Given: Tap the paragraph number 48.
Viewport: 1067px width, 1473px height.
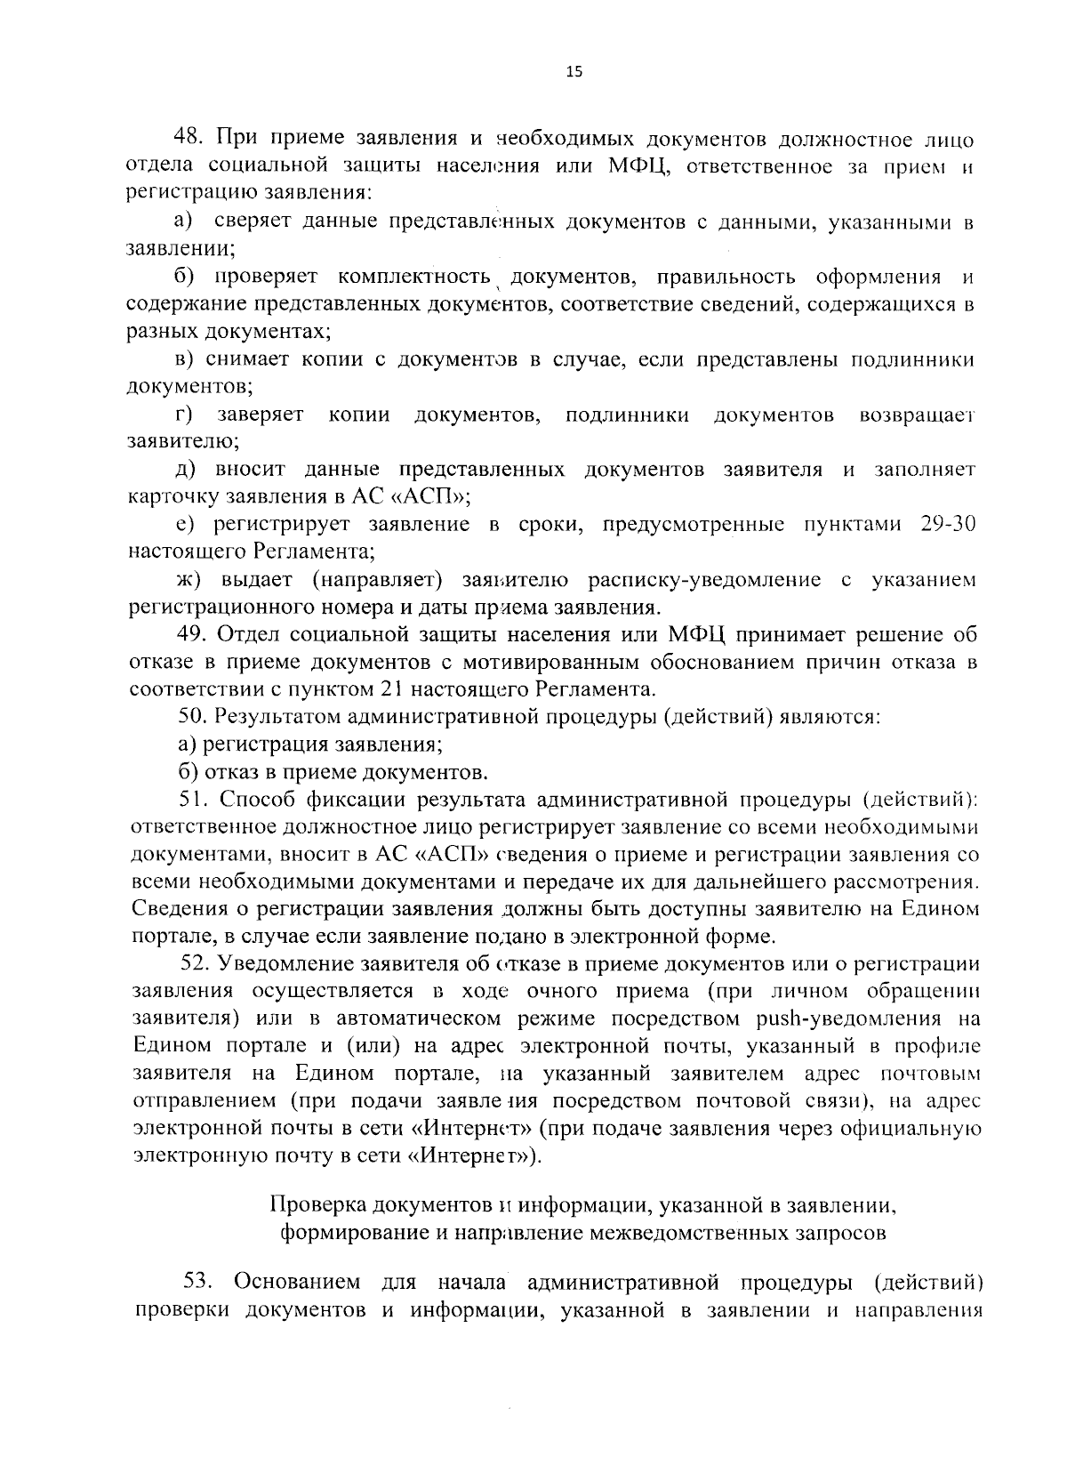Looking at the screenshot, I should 189,139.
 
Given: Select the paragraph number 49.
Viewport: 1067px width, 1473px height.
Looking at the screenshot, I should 193,634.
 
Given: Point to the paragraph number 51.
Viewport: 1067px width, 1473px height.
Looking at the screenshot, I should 192,799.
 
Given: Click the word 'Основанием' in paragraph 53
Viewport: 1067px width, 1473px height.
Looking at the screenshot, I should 297,1281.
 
